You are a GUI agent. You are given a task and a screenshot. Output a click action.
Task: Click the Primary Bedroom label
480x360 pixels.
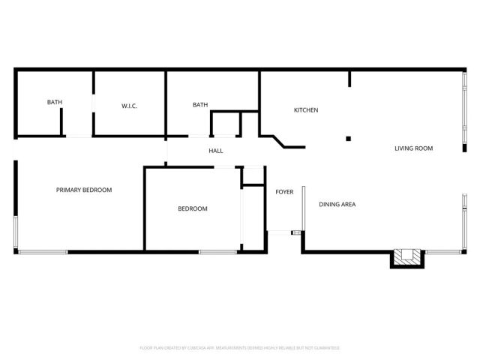pyautogui.click(x=84, y=190)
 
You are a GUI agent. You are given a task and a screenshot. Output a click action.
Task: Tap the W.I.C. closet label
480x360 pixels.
pyautogui.click(x=129, y=106)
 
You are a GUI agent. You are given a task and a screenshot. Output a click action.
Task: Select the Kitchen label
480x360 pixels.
pyautogui.click(x=305, y=110)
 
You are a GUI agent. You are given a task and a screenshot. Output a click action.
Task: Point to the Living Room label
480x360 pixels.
pyautogui.click(x=414, y=148)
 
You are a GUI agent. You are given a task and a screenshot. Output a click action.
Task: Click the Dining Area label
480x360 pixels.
pyautogui.click(x=337, y=204)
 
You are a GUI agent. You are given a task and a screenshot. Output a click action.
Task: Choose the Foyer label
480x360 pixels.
pyautogui.click(x=284, y=192)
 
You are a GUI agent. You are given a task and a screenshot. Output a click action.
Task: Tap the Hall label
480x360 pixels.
pyautogui.click(x=216, y=151)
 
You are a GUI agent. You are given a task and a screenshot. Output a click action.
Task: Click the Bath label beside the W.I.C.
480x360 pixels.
pyautogui.click(x=54, y=102)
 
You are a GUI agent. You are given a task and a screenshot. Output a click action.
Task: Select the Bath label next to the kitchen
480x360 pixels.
pyautogui.click(x=200, y=105)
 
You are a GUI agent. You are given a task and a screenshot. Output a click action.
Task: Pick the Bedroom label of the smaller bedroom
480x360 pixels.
pyautogui.click(x=192, y=208)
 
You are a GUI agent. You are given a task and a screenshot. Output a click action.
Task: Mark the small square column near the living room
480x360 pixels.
pyautogui.click(x=348, y=138)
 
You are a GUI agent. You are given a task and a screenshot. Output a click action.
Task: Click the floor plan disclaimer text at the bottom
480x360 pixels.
pyautogui.click(x=240, y=348)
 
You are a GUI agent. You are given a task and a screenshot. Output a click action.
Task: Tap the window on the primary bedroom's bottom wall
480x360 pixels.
pyautogui.click(x=43, y=251)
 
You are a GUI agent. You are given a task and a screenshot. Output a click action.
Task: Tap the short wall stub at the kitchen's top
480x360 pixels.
pyautogui.click(x=349, y=79)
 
